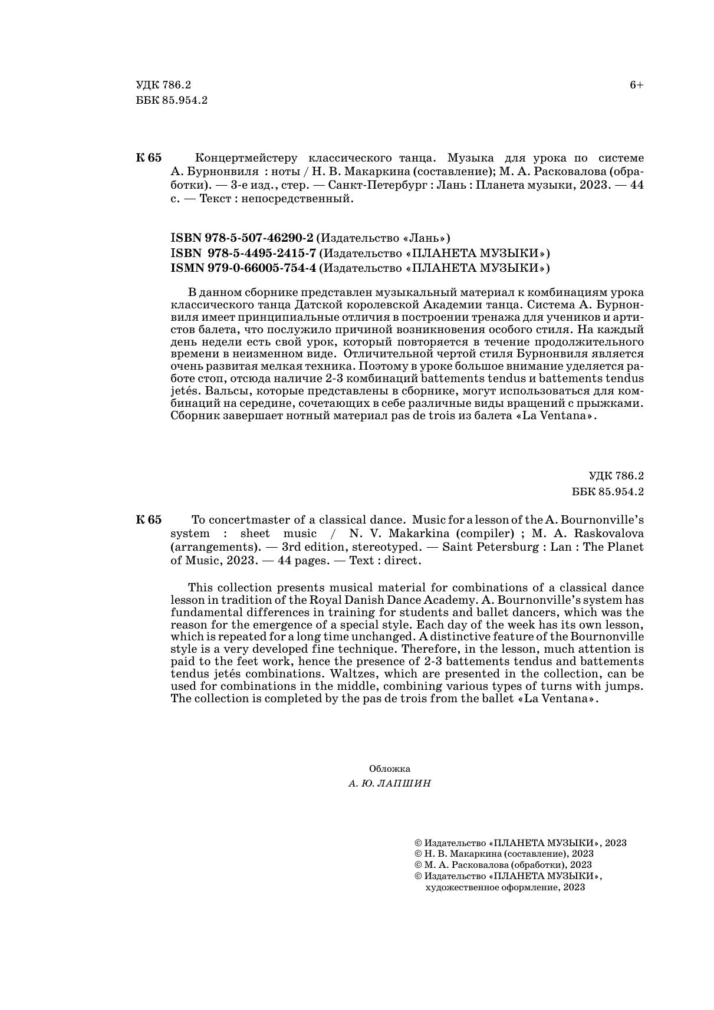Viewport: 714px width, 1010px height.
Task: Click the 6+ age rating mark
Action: coord(636,85)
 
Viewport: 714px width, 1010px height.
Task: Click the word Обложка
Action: coord(390,769)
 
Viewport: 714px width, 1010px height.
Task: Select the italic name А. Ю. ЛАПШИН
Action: coord(390,784)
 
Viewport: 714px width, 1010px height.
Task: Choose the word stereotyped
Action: coord(386,547)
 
